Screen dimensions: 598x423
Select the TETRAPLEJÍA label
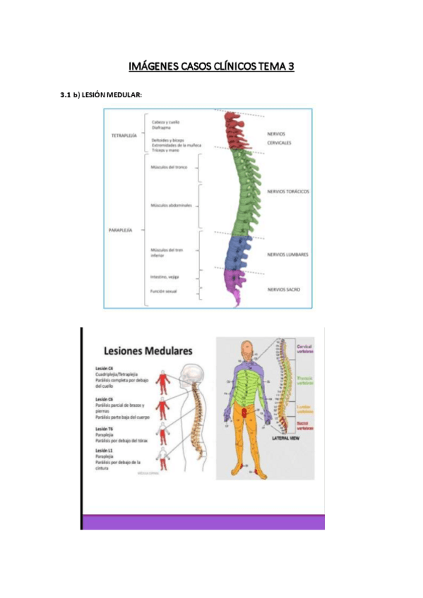(x=124, y=135)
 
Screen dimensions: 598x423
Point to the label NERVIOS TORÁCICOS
(x=288, y=191)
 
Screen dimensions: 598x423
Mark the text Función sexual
(x=164, y=291)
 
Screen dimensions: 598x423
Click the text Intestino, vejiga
(x=165, y=277)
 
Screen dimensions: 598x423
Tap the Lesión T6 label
(x=104, y=429)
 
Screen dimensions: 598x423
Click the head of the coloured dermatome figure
(x=245, y=348)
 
